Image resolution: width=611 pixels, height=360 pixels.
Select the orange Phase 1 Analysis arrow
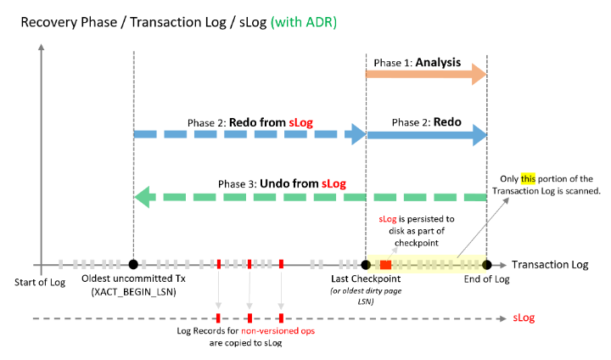click(x=424, y=76)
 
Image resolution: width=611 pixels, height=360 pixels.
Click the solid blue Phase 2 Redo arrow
click(x=424, y=134)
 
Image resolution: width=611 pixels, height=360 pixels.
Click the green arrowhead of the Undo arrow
click(x=143, y=198)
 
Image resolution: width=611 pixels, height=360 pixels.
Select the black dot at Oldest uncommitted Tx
click(x=133, y=264)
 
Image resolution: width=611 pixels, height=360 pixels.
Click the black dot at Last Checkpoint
click(x=366, y=264)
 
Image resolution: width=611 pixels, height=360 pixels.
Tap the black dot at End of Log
click(x=487, y=264)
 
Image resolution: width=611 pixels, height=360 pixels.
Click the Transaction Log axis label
click(x=550, y=265)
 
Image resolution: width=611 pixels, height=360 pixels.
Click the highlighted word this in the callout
click(x=529, y=179)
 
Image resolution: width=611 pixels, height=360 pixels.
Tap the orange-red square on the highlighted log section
click(x=385, y=264)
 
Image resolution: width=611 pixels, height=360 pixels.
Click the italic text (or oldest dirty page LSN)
click(x=366, y=296)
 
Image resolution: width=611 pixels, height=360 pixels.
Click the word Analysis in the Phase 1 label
click(x=438, y=63)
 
